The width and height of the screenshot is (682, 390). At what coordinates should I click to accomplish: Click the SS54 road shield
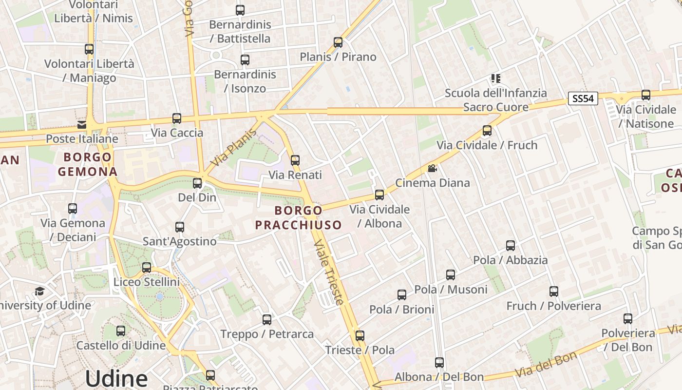point(583,98)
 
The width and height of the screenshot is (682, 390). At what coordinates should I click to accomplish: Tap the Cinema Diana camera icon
point(432,169)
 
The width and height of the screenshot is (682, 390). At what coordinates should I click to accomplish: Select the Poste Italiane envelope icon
point(81,125)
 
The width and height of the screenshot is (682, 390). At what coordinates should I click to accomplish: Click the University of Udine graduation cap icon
point(39,291)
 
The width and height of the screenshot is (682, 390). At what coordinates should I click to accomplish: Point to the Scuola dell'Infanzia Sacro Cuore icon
point(496,78)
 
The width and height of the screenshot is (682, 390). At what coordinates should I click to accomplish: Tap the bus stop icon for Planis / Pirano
point(338,42)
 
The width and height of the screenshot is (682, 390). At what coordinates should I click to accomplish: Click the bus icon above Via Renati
point(295,160)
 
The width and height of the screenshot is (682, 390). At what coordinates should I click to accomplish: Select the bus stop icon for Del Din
point(197,183)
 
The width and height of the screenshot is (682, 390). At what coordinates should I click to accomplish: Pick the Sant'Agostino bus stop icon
point(180,227)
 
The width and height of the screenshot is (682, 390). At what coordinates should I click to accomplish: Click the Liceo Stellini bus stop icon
point(147,268)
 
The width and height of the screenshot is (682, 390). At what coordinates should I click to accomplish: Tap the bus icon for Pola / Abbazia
point(511,246)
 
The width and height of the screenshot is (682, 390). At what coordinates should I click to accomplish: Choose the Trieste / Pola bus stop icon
point(360,336)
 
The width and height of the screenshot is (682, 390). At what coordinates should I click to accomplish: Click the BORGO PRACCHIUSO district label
point(298,217)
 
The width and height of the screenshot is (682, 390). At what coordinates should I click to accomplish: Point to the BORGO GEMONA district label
point(88,164)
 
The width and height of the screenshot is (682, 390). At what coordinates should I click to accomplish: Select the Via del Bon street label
point(546,364)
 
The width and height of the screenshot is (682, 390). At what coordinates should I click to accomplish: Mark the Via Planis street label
point(234,147)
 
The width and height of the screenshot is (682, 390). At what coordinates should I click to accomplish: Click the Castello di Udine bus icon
point(121,331)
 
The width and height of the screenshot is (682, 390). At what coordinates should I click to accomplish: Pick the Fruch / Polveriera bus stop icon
point(554,292)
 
